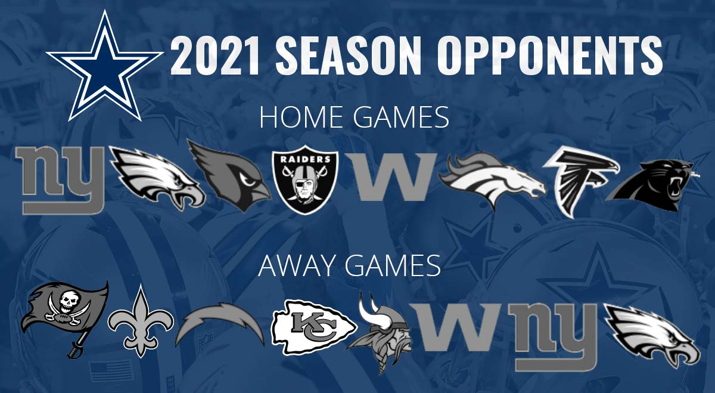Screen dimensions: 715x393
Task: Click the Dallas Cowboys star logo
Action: click(x=105, y=69)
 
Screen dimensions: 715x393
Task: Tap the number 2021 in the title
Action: click(x=215, y=56)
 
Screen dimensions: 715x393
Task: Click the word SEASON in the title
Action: click(x=347, y=56)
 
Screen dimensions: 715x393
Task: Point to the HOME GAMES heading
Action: click(x=355, y=117)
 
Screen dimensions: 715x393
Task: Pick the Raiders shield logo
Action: click(x=305, y=179)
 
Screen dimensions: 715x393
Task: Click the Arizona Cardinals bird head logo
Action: click(x=229, y=175)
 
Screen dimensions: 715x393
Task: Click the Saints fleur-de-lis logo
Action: click(x=141, y=321)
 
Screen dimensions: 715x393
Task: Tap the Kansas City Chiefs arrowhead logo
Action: click(x=313, y=327)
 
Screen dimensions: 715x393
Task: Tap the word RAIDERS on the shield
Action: click(x=305, y=159)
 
